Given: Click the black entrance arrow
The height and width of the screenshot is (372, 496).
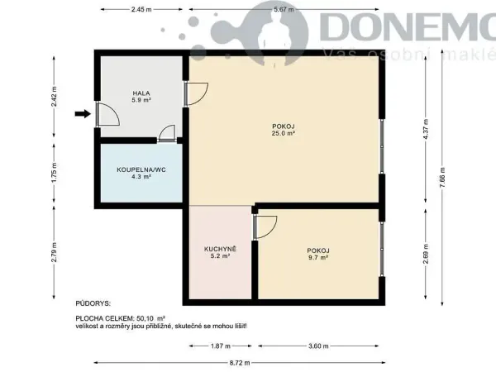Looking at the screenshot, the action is point(83,114).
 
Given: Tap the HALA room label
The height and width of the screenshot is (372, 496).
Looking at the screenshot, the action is point(141,93).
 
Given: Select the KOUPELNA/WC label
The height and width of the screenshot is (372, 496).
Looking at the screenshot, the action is point(141,169).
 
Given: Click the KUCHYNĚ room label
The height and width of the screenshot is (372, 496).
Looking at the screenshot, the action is point(220,249).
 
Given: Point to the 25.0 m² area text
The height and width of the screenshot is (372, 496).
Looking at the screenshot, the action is point(283,133).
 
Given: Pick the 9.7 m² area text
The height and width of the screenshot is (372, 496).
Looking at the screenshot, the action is point(318,257).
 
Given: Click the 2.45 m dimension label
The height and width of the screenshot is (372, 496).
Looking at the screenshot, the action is point(141,9).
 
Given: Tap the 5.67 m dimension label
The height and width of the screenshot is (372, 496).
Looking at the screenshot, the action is point(284,9).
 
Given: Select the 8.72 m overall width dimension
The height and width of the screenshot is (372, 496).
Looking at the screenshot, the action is point(240,363).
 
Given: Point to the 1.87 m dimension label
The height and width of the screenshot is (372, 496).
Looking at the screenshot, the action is point(221,346).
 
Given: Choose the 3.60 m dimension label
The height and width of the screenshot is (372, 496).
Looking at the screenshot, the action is point(318,346).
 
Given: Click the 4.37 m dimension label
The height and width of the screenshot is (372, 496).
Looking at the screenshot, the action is point(426,129).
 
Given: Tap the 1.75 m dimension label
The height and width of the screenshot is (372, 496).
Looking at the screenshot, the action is point(54,173).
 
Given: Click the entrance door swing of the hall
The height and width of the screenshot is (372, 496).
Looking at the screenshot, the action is point(107,114).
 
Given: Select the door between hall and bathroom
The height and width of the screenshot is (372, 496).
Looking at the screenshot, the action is point(167,133).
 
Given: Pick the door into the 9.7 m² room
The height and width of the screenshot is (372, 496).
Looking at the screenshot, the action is point(265,227).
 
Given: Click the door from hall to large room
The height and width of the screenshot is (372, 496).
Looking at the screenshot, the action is point(197,93).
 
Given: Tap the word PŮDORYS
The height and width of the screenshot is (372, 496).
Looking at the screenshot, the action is point(93,303).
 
